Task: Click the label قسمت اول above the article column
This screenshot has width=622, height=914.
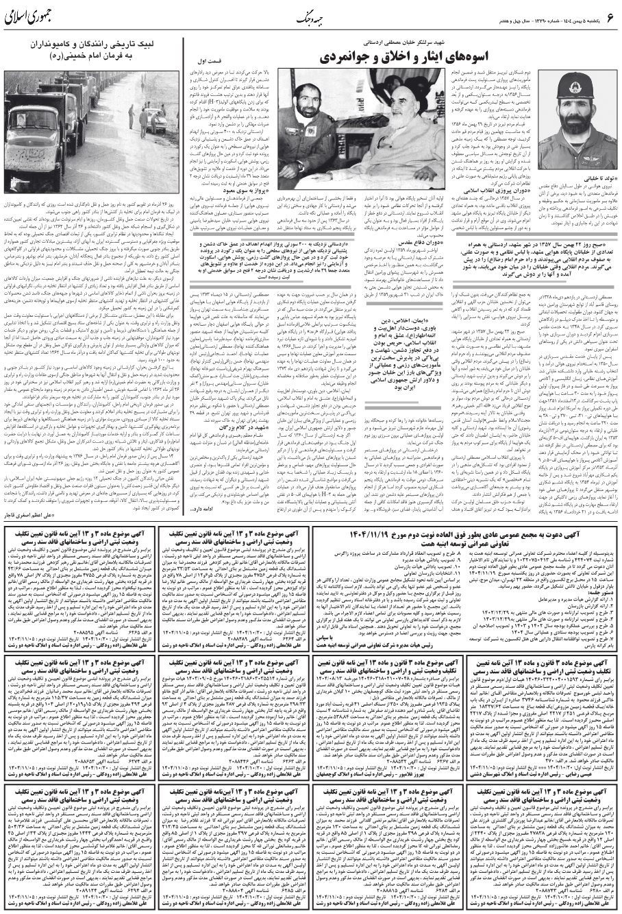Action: coord(210,61)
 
